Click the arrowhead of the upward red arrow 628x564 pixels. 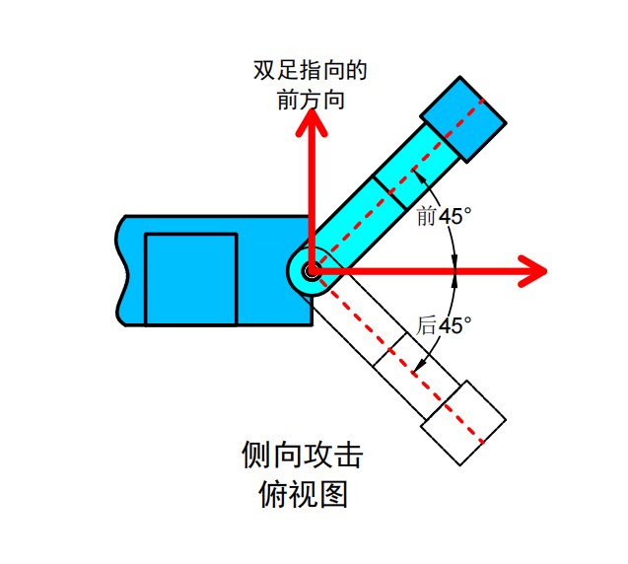(313, 120)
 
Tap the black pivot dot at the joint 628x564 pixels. (312, 269)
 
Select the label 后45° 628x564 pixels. (444, 324)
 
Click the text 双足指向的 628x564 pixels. (311, 71)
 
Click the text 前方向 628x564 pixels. (311, 101)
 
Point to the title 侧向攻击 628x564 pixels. (302, 455)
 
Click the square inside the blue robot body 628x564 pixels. (190, 279)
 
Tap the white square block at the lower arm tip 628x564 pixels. (462, 422)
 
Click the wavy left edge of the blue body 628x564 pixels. (120, 271)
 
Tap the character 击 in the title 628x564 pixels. (348, 455)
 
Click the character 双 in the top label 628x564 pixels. (263, 71)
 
